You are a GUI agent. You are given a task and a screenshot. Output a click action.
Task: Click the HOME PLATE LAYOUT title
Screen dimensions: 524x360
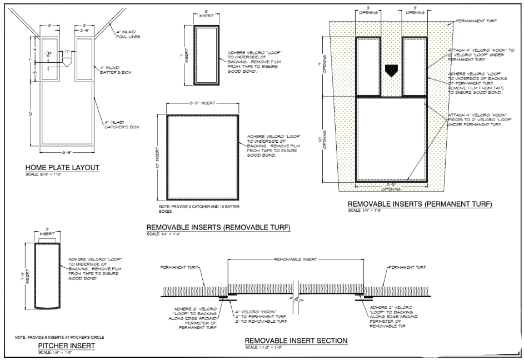click(62, 168)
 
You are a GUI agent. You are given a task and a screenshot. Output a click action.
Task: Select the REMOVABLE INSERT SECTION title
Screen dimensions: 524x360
click(296, 341)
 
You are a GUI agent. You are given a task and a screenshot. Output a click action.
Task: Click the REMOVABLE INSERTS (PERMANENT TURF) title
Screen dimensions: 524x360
click(420, 204)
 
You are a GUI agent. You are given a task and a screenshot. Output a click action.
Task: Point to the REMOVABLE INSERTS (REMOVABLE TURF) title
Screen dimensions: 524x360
click(218, 228)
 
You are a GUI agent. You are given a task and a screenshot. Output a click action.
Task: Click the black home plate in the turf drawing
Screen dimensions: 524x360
click(391, 70)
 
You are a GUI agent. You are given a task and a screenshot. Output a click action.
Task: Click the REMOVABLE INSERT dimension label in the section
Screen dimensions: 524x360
click(295, 259)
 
